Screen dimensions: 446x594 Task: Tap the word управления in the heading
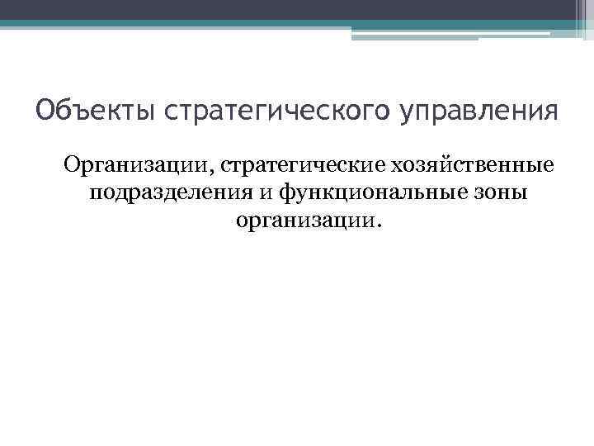(x=475, y=110)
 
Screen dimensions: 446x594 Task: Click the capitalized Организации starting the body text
(x=137, y=168)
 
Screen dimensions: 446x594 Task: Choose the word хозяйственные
(x=472, y=168)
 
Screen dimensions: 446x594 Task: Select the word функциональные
(x=370, y=194)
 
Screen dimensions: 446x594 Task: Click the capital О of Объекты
(x=45, y=110)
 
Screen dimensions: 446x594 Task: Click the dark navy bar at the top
(x=289, y=9)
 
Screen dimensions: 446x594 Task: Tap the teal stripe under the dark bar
(x=289, y=24)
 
